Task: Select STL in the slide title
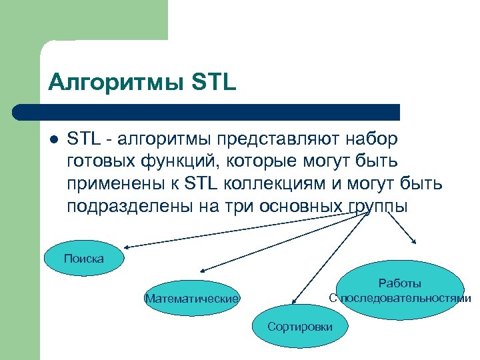213,83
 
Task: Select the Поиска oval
84,258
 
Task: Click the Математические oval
191,298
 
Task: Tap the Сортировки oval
299,327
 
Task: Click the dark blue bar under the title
207,111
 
